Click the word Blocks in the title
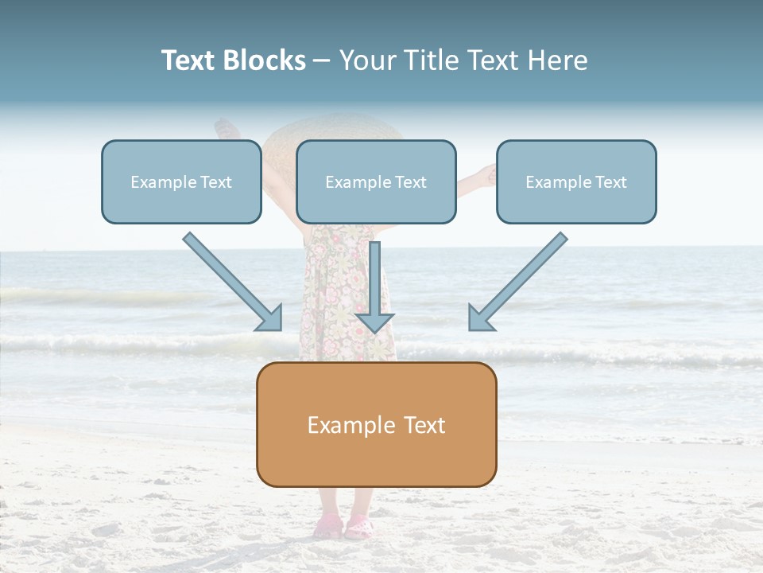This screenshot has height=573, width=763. [x=263, y=60]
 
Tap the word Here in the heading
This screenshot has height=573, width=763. [x=559, y=60]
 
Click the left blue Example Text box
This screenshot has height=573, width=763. [x=181, y=182]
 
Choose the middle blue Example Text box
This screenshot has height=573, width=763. [x=376, y=182]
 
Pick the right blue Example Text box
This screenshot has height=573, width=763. [x=576, y=182]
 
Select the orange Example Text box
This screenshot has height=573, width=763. [x=376, y=425]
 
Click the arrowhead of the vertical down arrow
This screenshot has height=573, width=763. [x=374, y=322]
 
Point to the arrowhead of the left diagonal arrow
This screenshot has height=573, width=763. [x=270, y=318]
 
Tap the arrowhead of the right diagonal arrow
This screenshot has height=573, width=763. [x=480, y=318]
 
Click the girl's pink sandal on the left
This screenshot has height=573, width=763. [x=328, y=527]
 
